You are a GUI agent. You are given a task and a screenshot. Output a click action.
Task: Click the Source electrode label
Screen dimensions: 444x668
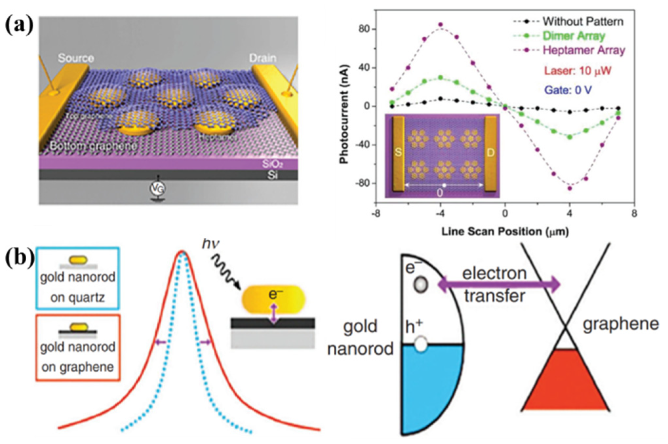76,58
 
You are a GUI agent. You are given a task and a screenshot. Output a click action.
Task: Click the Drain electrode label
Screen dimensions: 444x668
262,58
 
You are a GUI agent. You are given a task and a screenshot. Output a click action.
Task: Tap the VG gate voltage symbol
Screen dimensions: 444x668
158,188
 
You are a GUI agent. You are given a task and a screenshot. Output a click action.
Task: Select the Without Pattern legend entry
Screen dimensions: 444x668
583,22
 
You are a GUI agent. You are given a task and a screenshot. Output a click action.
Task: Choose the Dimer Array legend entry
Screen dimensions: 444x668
574,36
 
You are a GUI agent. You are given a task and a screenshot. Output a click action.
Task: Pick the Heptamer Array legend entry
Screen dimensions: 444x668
584,50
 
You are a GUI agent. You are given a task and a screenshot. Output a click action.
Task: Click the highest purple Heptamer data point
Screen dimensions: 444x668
441,25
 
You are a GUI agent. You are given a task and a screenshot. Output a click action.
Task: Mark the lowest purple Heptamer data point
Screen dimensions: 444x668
570,188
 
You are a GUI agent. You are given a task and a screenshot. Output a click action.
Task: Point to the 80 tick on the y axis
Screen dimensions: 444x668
364,29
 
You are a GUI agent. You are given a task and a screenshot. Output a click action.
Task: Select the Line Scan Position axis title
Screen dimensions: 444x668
505,231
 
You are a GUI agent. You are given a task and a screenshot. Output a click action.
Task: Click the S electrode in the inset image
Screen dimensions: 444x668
398,153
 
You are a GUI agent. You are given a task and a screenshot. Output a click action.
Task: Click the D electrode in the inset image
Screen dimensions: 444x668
490,153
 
